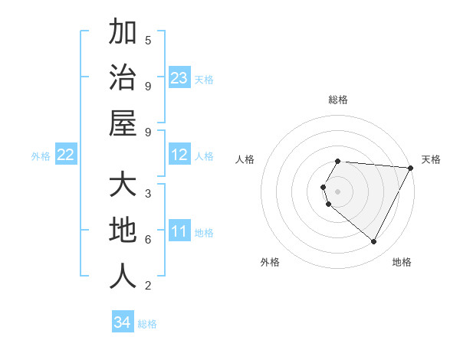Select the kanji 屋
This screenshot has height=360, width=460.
[123, 123]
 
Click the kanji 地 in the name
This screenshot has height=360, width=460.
[123, 231]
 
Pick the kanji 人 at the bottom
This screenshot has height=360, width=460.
[123, 277]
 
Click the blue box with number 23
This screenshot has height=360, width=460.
[179, 78]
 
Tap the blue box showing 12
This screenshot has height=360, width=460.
[179, 155]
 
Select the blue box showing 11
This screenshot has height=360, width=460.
[179, 232]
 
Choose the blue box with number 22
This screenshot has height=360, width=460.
[66, 155]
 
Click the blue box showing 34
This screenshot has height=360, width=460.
[123, 322]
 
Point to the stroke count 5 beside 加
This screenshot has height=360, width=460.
[148, 41]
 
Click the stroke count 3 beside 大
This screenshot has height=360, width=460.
[148, 193]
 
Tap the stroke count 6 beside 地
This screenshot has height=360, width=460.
[148, 240]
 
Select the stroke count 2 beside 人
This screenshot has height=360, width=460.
[148, 286]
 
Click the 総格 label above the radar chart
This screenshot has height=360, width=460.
[338, 100]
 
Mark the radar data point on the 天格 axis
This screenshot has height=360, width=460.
[411, 168]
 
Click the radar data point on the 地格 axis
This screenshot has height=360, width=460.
[374, 242]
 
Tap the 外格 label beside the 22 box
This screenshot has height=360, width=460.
[41, 156]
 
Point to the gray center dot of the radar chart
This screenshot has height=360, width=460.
[338, 191]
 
